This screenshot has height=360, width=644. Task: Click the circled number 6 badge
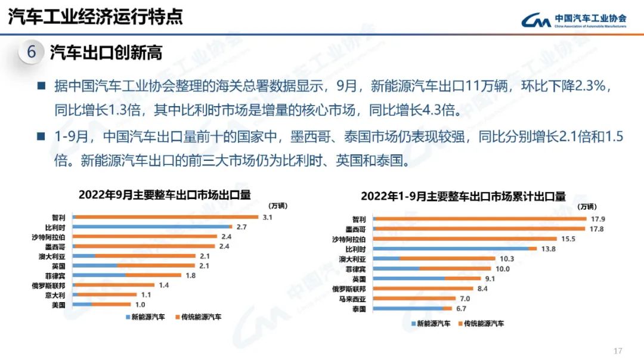tap(31, 52)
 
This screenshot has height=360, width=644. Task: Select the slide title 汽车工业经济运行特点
tap(95, 16)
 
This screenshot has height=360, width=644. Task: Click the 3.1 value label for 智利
tap(267, 218)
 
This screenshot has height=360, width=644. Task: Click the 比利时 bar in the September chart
tap(151, 227)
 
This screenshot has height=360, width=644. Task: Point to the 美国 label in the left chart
tap(58, 305)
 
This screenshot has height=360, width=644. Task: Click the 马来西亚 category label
tap(356, 299)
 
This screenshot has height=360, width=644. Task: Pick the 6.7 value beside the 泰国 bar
tap(460, 309)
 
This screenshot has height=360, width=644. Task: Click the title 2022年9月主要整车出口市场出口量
tap(164, 194)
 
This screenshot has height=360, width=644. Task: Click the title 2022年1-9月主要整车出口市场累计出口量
tap(463, 196)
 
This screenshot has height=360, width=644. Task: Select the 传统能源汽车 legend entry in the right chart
tap(483, 324)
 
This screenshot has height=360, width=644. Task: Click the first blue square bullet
tap(41, 86)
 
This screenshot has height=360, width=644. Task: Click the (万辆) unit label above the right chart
tap(587, 207)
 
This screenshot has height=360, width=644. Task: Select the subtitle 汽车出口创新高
tap(106, 52)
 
